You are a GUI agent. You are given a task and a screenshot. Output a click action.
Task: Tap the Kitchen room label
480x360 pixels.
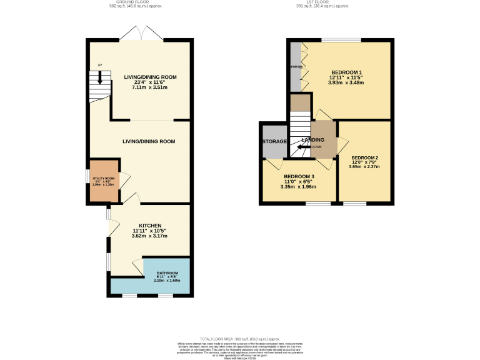(x=150, y=226)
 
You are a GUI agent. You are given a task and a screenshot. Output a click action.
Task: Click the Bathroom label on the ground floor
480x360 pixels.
(x=167, y=273)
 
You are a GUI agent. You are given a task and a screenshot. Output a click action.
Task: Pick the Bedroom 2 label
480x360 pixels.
(x=366, y=157)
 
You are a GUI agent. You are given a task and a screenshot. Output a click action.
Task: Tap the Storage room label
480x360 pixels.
(x=274, y=142)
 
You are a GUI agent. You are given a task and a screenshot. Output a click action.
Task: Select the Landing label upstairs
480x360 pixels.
(x=312, y=140)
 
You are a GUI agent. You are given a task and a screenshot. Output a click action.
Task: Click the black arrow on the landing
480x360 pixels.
(x=304, y=147)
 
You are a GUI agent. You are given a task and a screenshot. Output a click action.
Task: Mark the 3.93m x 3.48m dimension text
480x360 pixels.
(x=346, y=82)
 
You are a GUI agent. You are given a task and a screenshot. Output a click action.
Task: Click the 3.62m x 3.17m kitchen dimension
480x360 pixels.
(x=150, y=236)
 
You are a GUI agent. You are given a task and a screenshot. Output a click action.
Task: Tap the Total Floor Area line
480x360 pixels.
(x=239, y=337)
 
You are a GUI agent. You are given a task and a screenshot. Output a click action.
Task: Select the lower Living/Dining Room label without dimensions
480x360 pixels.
(x=149, y=142)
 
